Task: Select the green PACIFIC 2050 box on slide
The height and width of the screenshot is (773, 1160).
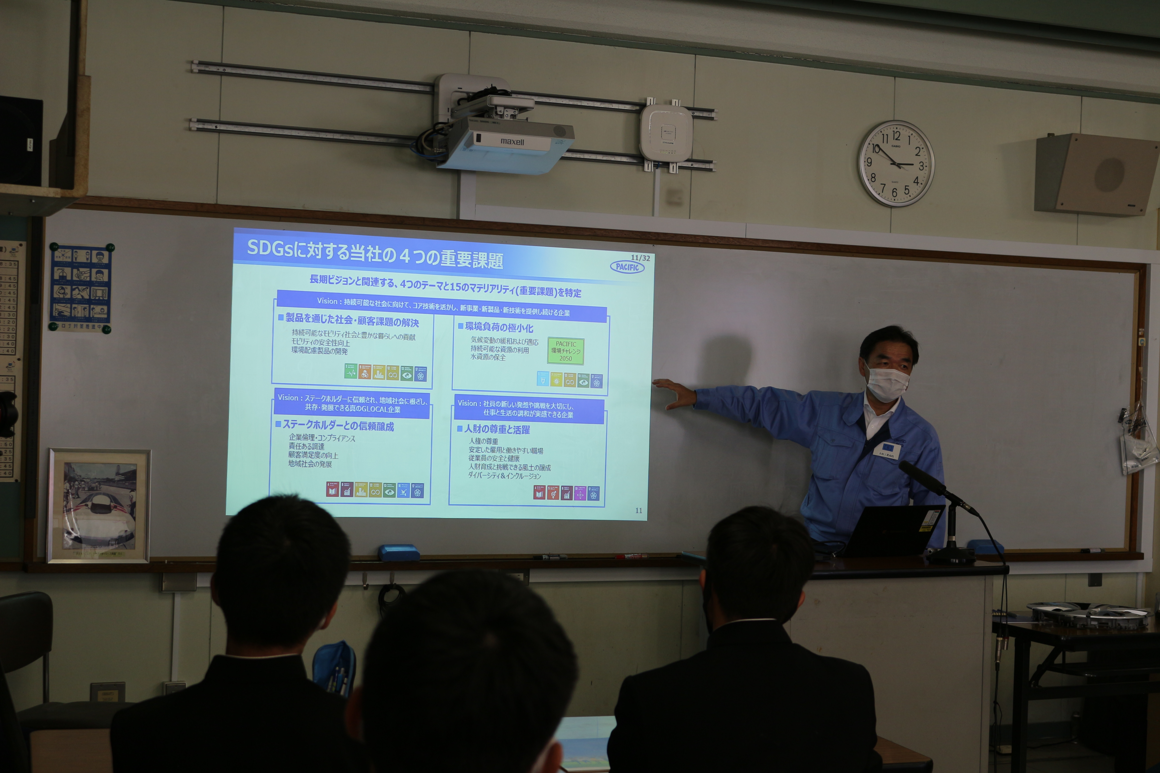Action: tap(566, 351)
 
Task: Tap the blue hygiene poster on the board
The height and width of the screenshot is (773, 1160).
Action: tap(81, 288)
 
